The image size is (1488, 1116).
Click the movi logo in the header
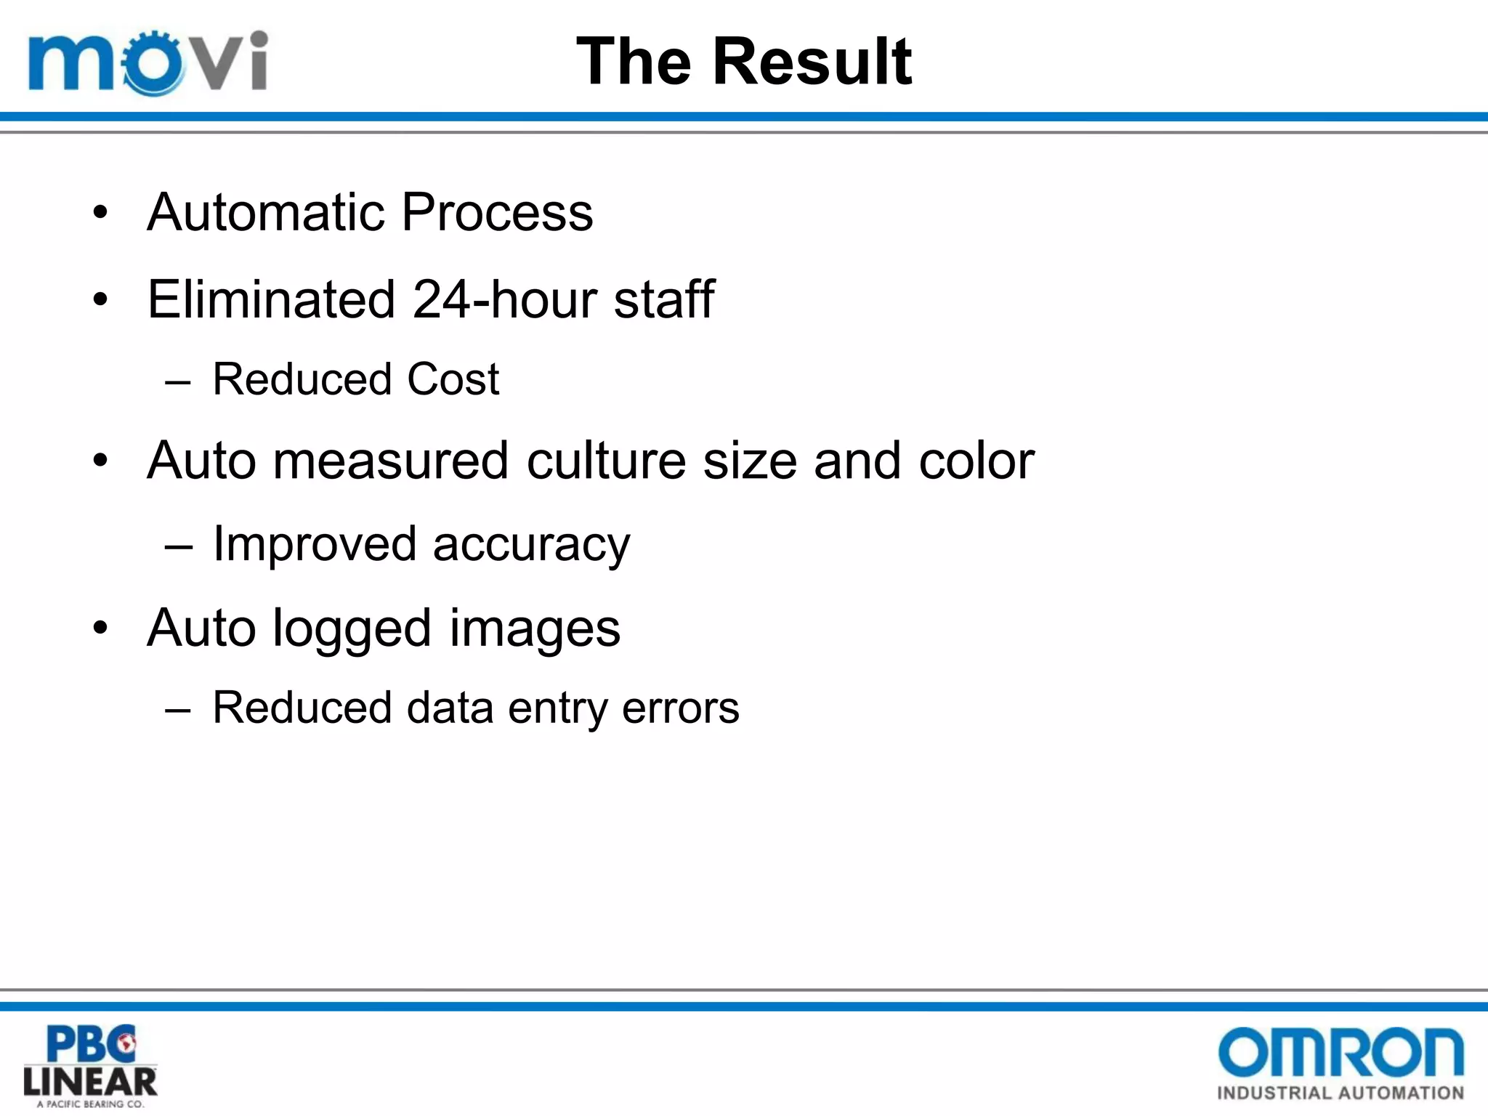click(x=148, y=62)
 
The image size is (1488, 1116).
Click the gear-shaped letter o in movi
click(x=153, y=63)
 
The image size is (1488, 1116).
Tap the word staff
click(x=663, y=299)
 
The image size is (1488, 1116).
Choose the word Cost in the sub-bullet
click(x=453, y=379)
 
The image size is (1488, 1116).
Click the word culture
click(x=606, y=461)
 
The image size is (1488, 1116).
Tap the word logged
click(x=352, y=629)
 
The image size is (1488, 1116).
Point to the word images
click(x=535, y=629)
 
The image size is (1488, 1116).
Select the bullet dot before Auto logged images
click(x=100, y=628)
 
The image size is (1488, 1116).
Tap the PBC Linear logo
click(x=90, y=1065)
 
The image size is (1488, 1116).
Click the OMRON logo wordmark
click(x=1340, y=1051)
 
